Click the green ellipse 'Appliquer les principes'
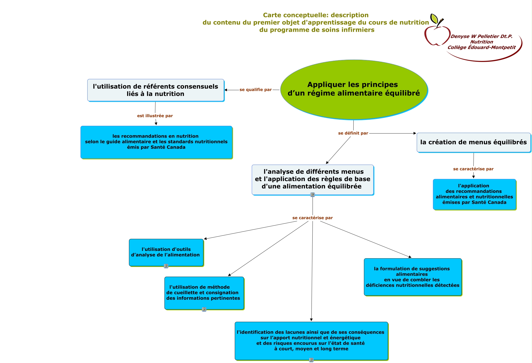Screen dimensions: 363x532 click(x=354, y=89)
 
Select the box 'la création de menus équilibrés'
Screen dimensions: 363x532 click(x=473, y=142)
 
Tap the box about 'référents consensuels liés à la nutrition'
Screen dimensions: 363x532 click(x=156, y=90)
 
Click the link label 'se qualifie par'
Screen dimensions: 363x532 click(x=255, y=90)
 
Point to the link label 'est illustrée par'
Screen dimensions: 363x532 click(x=155, y=116)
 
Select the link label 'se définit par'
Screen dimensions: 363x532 click(x=353, y=133)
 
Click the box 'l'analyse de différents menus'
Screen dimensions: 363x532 click(x=313, y=179)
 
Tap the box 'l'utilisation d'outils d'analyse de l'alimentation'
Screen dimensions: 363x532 click(x=166, y=252)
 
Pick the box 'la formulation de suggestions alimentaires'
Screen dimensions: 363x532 click(x=412, y=277)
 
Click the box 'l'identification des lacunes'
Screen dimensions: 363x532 click(x=311, y=340)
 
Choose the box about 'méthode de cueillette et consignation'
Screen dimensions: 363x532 click(x=204, y=293)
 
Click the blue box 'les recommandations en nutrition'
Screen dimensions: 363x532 click(x=156, y=142)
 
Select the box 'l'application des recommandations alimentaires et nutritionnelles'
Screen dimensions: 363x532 click(x=474, y=194)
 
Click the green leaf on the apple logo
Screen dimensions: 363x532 click(x=434, y=19)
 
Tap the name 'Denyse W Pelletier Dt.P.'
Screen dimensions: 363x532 click(x=481, y=37)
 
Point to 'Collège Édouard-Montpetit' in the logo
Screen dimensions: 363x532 click(x=481, y=48)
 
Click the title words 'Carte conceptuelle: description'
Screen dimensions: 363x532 click(x=316, y=15)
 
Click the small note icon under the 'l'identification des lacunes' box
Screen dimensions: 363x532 click(x=311, y=360)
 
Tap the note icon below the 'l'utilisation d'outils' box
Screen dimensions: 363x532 click(x=166, y=266)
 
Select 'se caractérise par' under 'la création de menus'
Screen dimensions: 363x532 click(x=473, y=169)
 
